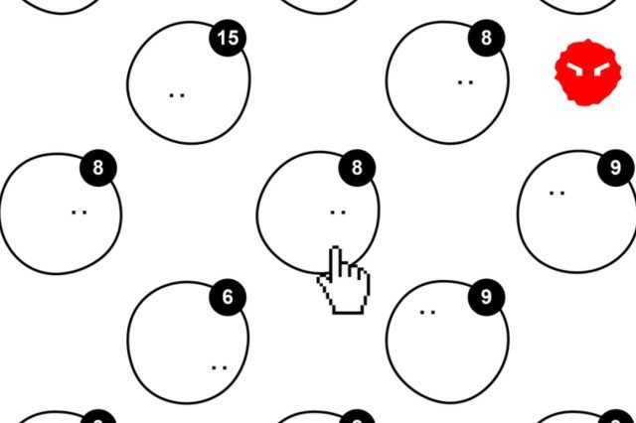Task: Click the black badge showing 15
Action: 228,38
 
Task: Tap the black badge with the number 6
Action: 228,297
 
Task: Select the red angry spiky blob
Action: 587,72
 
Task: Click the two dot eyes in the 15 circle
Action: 177,95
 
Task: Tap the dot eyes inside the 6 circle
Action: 220,368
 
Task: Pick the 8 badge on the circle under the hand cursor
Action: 357,168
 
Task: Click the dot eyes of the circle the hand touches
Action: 338,211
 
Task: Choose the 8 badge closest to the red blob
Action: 486,38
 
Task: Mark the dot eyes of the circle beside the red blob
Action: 465,82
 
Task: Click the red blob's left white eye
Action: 575,70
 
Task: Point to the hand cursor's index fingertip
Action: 336,247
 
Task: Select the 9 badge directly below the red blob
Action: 616,168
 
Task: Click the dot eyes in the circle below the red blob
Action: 556,194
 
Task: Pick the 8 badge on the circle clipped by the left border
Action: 98,168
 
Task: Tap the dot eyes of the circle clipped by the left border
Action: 79,211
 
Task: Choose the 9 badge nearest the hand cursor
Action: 486,297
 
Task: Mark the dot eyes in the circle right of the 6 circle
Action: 427,313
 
